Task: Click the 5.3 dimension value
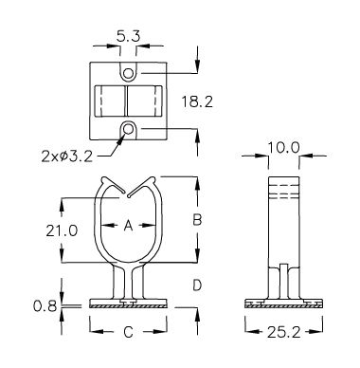[x=128, y=37]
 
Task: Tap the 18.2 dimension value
[x=197, y=101]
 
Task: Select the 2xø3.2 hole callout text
[x=67, y=156]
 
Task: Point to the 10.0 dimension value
[x=283, y=148]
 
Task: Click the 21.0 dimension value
[x=62, y=230]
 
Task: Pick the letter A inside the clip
[x=128, y=226]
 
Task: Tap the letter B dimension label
[x=197, y=220]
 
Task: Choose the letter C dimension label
[x=128, y=332]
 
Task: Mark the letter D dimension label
[x=197, y=285]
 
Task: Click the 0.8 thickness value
[x=45, y=306]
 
